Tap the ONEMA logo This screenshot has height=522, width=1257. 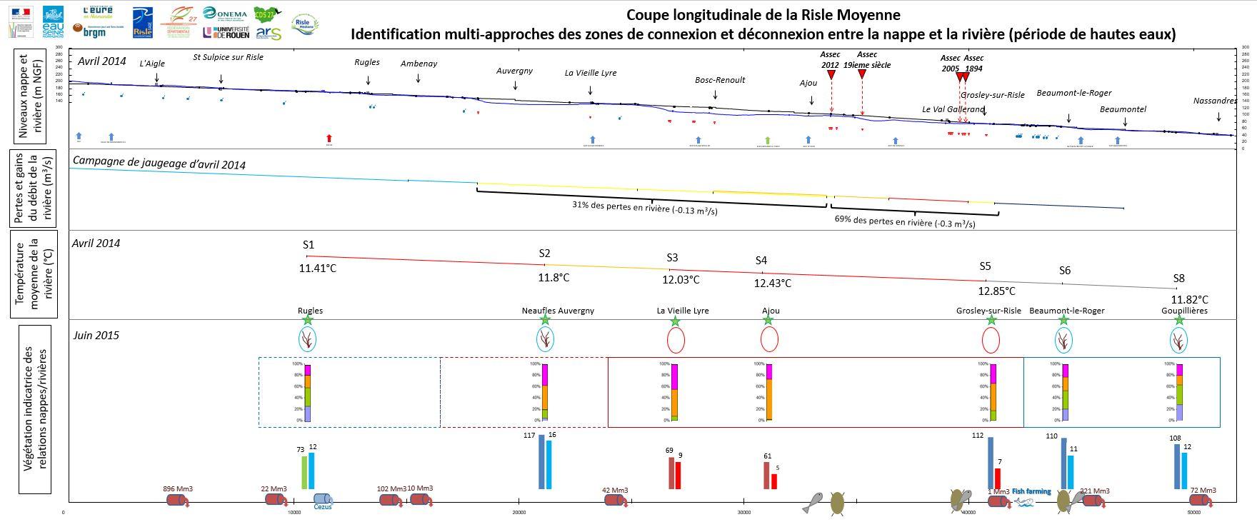point(225,14)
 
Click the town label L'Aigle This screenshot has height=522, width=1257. point(152,64)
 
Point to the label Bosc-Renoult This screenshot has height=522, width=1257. point(720,80)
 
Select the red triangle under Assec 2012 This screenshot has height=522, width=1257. point(831,74)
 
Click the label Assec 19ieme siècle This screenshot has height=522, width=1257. point(866,59)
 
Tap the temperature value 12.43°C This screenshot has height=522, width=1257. point(773,283)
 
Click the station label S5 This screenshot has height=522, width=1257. point(985,266)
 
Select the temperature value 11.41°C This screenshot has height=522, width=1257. point(317,268)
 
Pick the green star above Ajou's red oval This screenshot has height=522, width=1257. point(768,320)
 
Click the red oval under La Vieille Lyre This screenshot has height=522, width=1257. point(676,341)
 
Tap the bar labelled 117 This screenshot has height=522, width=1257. point(541,461)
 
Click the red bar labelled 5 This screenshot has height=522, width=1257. point(773,481)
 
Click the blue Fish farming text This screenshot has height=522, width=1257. point(1031,491)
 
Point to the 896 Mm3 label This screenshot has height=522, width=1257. point(178,489)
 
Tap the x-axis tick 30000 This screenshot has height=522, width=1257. point(743,512)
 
